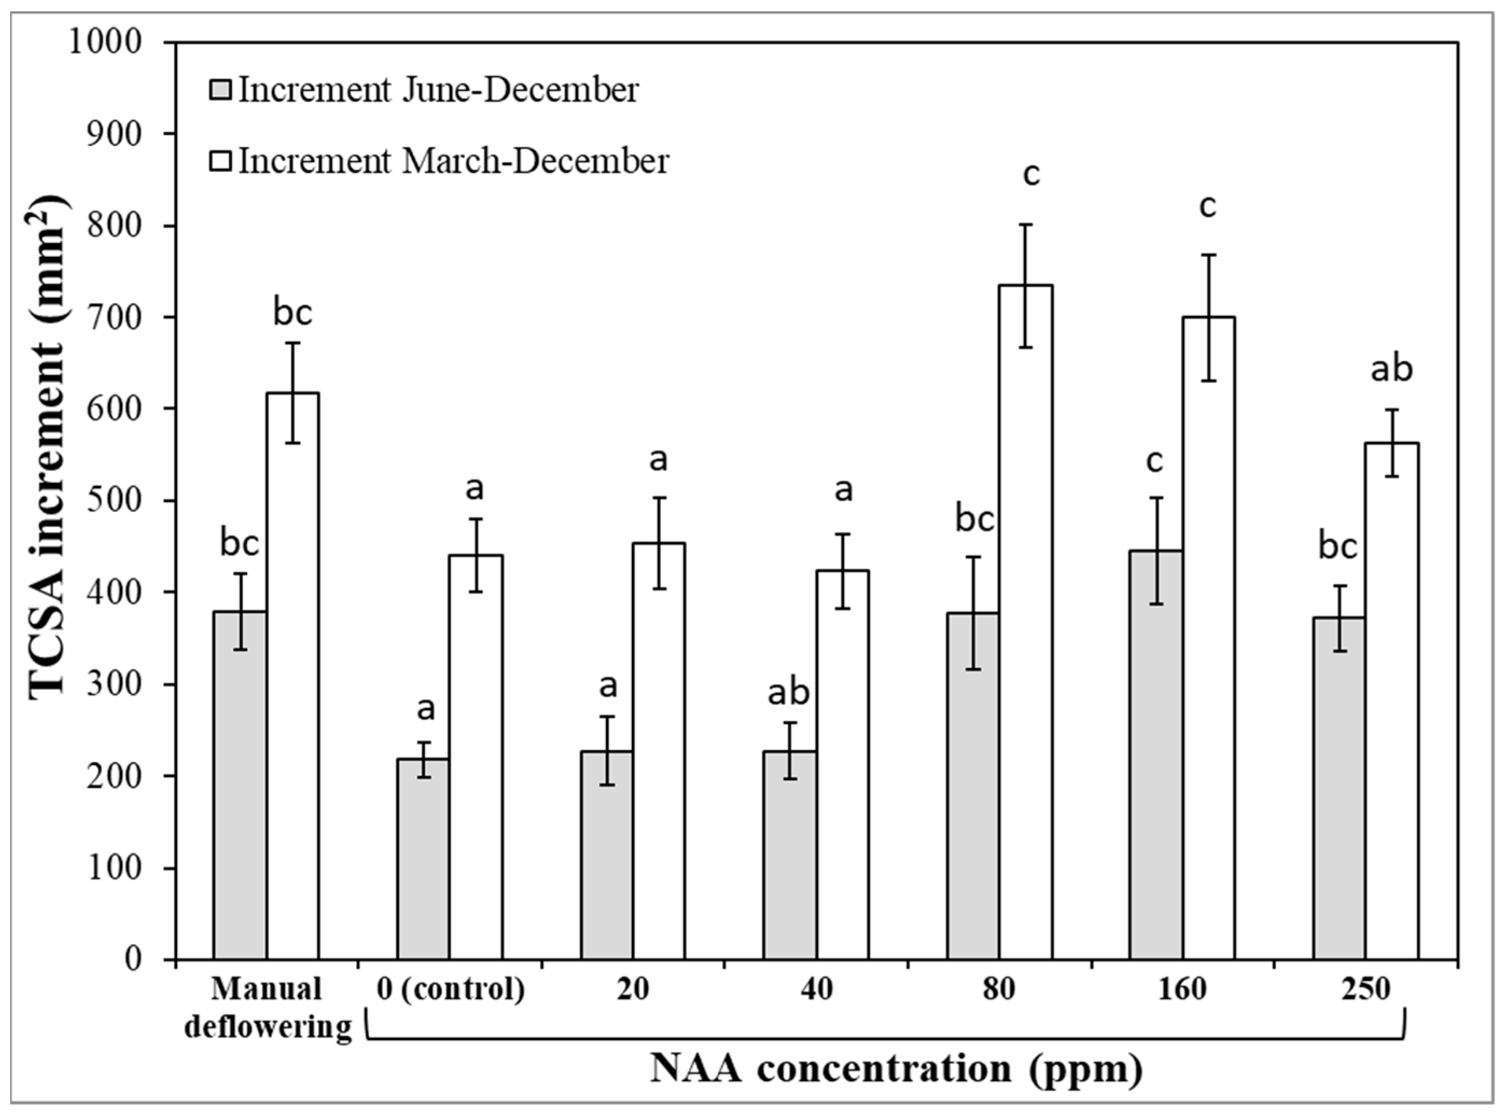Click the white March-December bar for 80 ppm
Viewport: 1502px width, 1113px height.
pos(1025,640)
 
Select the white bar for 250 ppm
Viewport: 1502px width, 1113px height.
pos(1392,708)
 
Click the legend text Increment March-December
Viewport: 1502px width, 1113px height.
pos(453,162)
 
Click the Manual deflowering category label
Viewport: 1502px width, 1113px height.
pos(268,1008)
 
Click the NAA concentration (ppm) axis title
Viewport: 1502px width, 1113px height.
pos(896,1068)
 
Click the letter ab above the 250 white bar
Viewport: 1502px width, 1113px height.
pos(1392,369)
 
